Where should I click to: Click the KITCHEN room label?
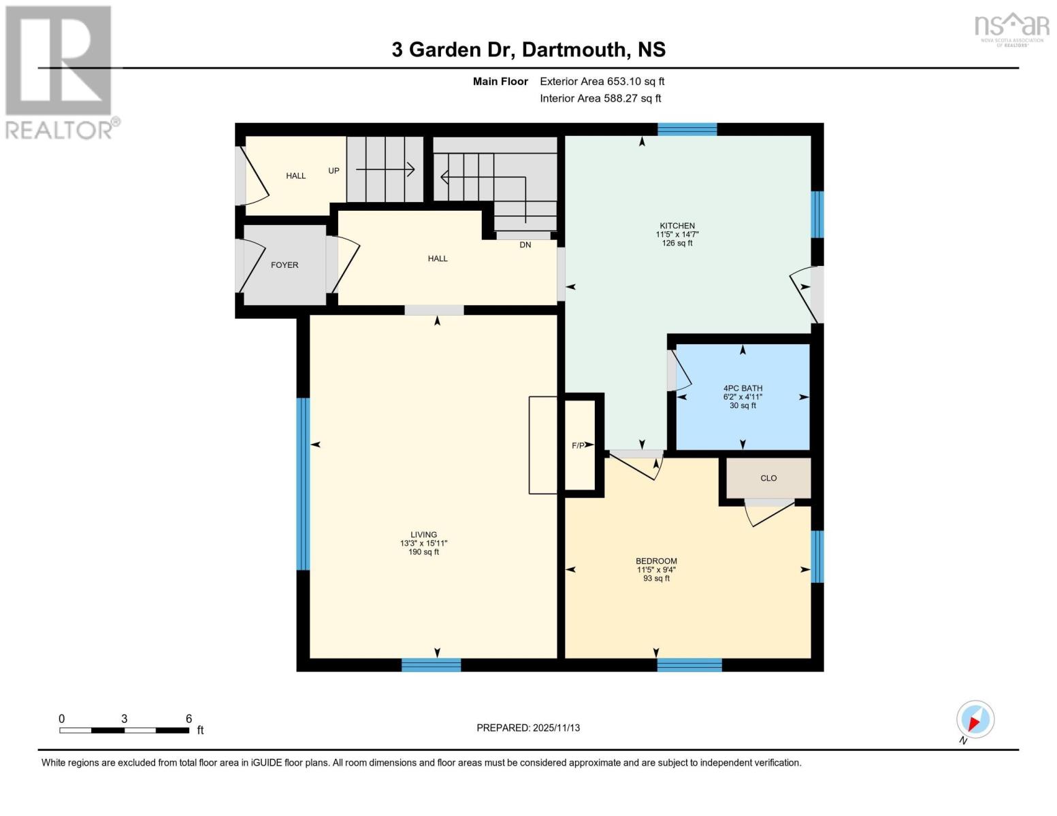click(677, 226)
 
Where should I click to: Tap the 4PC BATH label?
click(743, 388)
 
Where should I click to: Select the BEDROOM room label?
click(656, 561)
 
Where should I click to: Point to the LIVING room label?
click(423, 534)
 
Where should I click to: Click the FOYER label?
click(284, 265)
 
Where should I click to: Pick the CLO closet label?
click(768, 478)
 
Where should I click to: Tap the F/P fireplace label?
click(578, 445)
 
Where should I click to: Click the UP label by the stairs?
click(334, 171)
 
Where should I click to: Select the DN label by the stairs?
click(525, 245)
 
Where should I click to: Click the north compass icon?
click(975, 720)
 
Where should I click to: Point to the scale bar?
click(125, 730)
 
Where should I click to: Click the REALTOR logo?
click(60, 71)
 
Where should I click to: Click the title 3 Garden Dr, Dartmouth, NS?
click(528, 50)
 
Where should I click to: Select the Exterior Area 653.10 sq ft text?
click(602, 82)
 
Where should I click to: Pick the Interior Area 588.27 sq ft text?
click(600, 99)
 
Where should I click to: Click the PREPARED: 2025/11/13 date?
click(528, 728)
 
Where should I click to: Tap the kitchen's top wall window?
click(687, 129)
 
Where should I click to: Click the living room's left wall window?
click(304, 483)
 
